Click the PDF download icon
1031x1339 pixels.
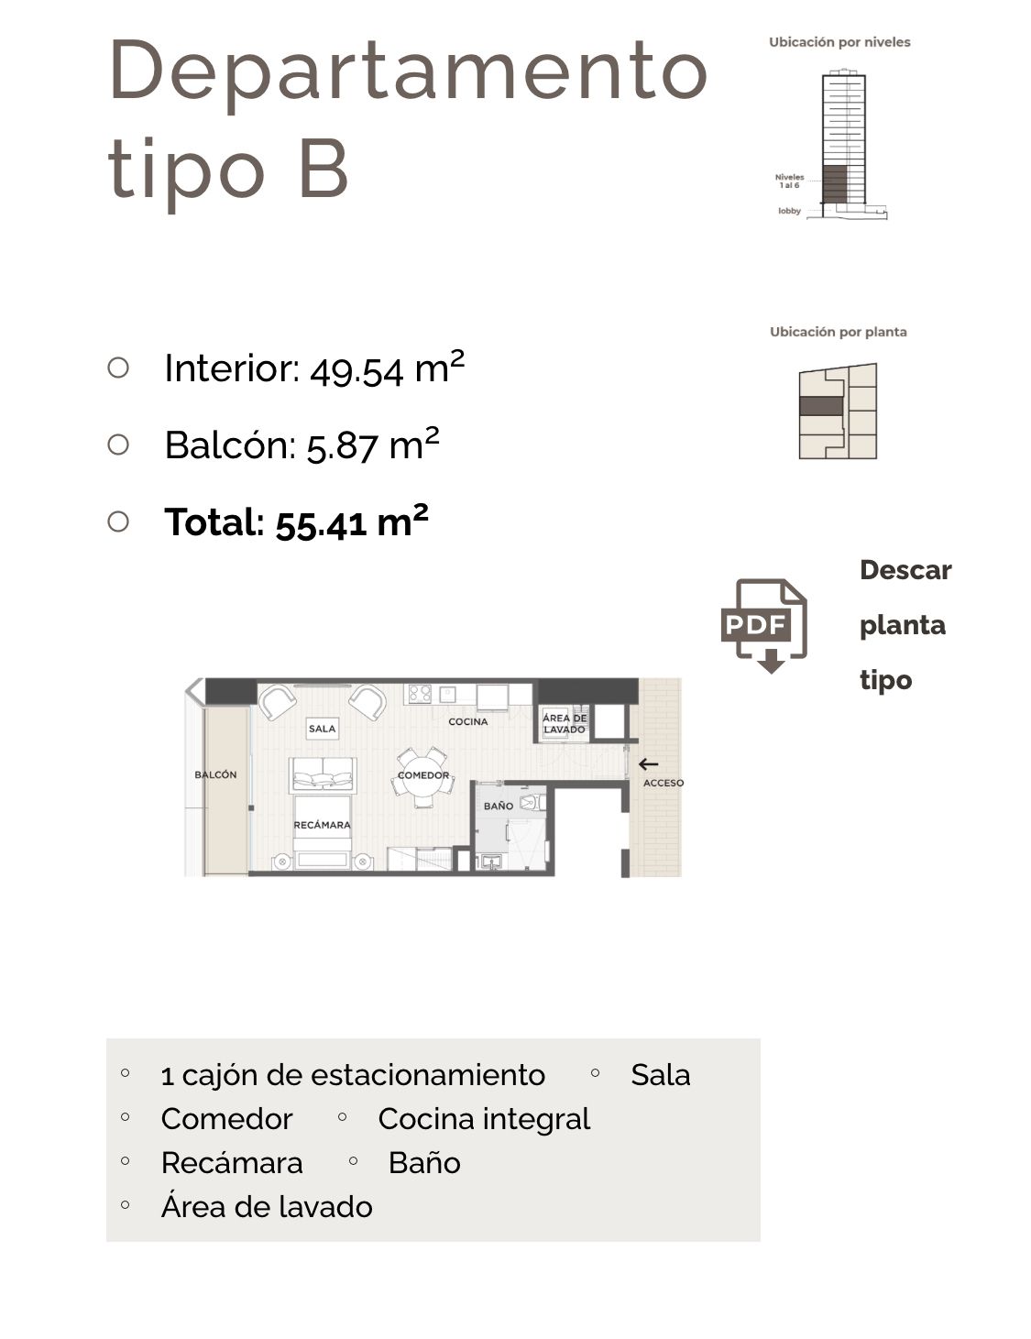[x=763, y=625]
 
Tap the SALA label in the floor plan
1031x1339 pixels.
[x=323, y=729]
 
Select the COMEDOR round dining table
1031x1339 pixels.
[x=423, y=776]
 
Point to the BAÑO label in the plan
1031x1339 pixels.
[x=498, y=806]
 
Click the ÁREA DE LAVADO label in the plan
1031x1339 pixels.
[x=564, y=723]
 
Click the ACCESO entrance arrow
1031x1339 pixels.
[x=649, y=764]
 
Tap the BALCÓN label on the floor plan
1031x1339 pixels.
[x=215, y=774]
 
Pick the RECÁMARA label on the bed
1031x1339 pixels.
[x=322, y=825]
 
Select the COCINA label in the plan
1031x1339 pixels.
[x=468, y=721]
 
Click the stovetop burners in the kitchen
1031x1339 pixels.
[x=420, y=694]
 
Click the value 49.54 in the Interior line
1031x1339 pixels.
[x=356, y=370]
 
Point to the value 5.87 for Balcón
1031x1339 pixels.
[x=342, y=447]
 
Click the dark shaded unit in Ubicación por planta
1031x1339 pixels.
[x=820, y=406]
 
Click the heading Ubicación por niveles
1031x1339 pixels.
[x=839, y=42]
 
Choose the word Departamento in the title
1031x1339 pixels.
[x=409, y=70]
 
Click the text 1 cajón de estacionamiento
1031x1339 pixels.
[x=353, y=1075]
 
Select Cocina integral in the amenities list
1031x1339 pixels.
[x=484, y=1119]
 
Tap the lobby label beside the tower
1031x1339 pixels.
[x=789, y=211]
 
